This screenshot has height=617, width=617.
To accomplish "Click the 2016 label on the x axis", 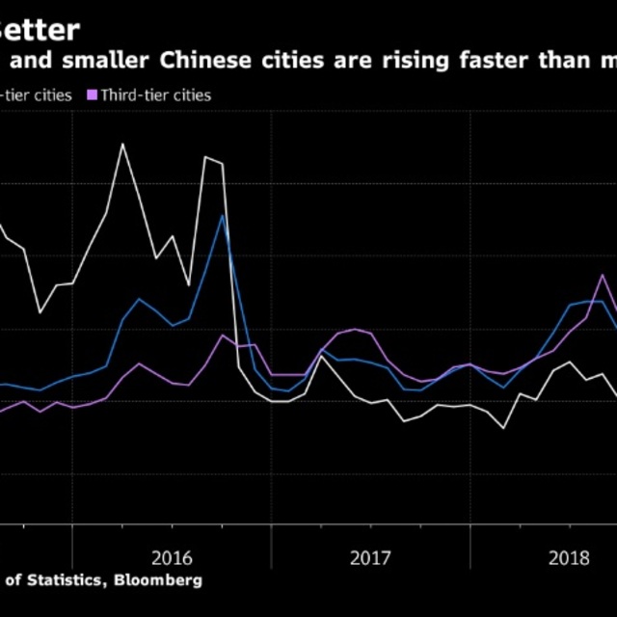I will pyautogui.click(x=171, y=556).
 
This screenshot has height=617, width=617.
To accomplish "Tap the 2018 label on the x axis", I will pyautogui.click(x=569, y=556).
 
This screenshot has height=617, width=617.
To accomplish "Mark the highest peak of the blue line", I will pyautogui.click(x=223, y=215).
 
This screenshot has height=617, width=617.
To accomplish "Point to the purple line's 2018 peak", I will pyautogui.click(x=603, y=276).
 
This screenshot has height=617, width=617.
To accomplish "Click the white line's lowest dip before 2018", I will pyautogui.click(x=503, y=427).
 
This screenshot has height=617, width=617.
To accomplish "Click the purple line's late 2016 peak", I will pyautogui.click(x=223, y=335).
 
